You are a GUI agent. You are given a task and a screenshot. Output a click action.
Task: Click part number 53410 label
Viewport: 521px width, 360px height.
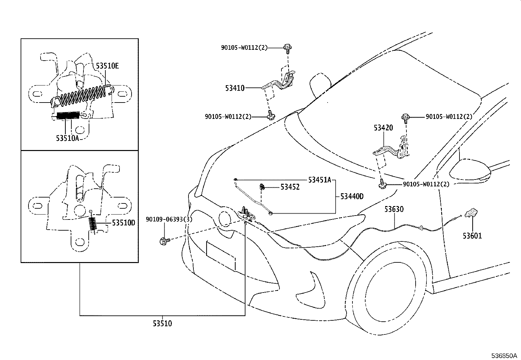point(235,88)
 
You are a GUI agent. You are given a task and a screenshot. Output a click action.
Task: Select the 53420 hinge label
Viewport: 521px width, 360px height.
point(383,127)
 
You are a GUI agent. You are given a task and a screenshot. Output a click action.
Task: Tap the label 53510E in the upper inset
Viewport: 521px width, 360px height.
point(107,66)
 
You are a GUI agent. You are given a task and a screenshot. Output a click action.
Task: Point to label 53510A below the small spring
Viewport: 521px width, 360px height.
point(67,138)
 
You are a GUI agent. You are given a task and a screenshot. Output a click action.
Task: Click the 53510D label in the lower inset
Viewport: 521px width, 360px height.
point(123,223)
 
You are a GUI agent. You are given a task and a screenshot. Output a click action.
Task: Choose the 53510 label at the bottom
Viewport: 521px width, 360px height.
point(162,324)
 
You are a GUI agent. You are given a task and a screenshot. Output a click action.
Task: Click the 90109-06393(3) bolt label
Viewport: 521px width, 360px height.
point(169,219)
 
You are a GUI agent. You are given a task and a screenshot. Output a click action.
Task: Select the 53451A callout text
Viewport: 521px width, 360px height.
point(320,180)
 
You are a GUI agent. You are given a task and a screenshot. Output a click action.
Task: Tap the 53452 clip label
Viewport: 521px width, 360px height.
point(290,187)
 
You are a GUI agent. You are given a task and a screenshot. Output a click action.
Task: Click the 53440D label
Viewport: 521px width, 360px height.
point(352,197)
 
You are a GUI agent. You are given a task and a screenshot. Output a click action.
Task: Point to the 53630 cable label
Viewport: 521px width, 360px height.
point(394,209)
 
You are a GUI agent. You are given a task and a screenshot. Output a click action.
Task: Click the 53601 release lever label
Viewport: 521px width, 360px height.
point(472,236)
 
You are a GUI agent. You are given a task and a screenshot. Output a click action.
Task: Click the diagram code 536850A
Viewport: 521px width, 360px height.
point(503,356)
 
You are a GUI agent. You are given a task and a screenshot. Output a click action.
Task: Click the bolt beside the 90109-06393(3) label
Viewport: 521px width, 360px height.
point(164,241)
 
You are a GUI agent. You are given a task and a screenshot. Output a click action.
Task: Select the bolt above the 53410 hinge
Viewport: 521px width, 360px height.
point(288,48)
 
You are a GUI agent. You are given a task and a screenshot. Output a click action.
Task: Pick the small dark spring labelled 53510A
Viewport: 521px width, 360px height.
point(68,116)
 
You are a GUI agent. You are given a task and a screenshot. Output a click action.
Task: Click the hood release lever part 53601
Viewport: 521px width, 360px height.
point(472,212)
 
